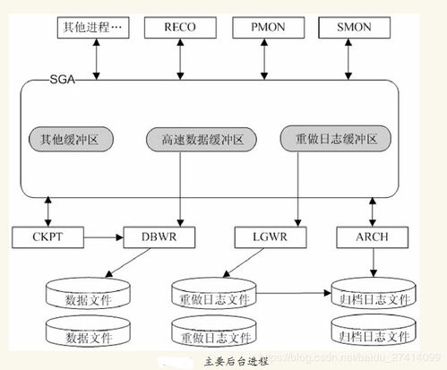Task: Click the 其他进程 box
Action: pyautogui.click(x=92, y=28)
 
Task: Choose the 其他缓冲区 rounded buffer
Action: pyautogui.click(x=73, y=140)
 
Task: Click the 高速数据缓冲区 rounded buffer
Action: pyautogui.click(x=200, y=140)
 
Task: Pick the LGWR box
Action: pyautogui.click(x=265, y=237)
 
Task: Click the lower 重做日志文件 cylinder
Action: pyautogui.click(x=212, y=337)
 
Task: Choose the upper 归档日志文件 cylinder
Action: pyautogui.click(x=373, y=297)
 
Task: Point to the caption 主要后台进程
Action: pyautogui.click(x=236, y=360)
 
